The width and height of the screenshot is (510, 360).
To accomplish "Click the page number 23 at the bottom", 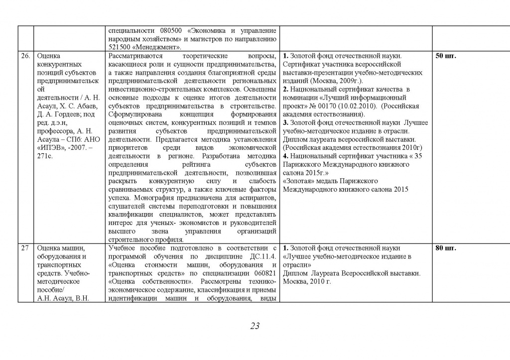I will pos(255,326).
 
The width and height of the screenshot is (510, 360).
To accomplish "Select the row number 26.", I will pos(25,56).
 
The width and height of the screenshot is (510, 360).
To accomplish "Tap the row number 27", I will pos(24,248).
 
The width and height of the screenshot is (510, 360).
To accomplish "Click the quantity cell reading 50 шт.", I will pos(446,56).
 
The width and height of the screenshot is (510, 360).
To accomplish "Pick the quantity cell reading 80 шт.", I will pos(446,248).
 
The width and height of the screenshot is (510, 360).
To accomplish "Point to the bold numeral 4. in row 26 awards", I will pos(285,155).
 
